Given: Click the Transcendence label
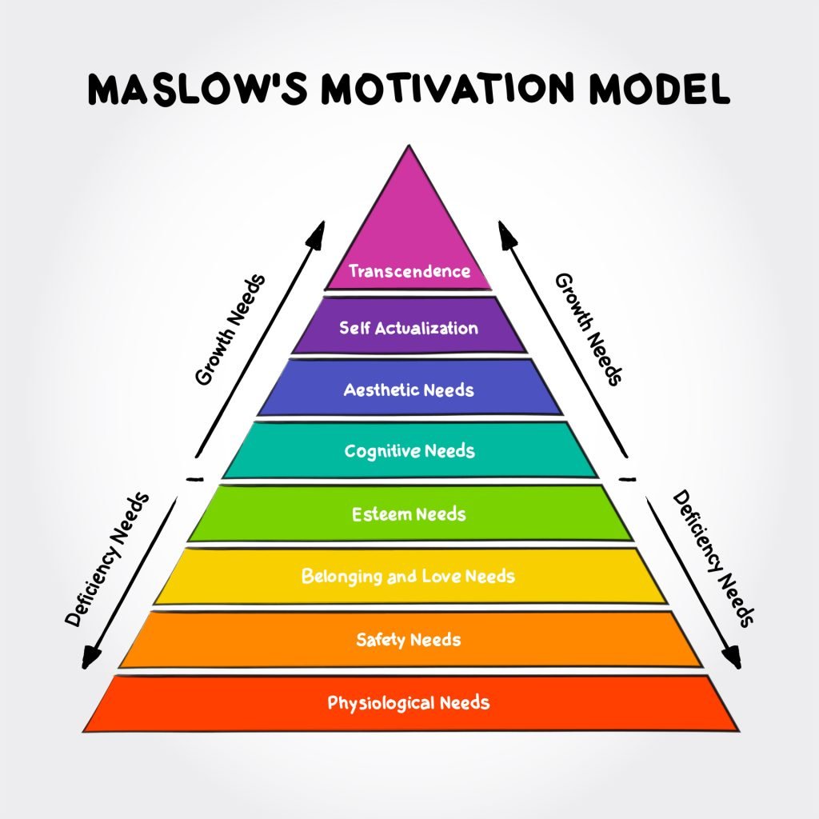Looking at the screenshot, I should [x=409, y=271].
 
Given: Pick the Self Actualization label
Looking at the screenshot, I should [x=409, y=328].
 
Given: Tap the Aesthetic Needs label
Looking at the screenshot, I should [x=409, y=390].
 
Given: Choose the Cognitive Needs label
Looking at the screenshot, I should [x=409, y=451].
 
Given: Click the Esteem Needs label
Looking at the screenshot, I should [x=409, y=513].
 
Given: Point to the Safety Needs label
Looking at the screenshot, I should [x=409, y=640].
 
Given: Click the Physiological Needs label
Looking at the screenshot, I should [x=409, y=704].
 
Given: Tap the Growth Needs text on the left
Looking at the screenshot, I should [x=230, y=330].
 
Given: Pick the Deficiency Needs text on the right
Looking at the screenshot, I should [x=713, y=557].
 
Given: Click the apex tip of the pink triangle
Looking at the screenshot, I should [x=409, y=147].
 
